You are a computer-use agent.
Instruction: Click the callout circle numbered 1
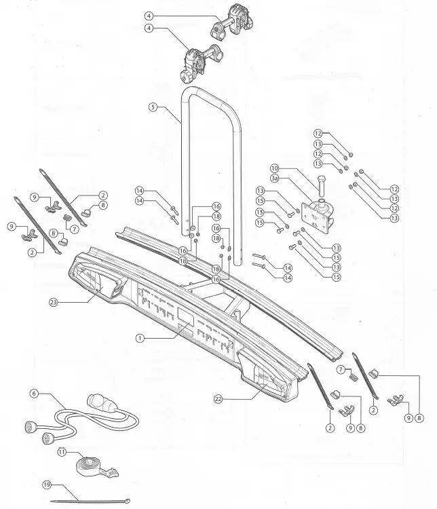140,337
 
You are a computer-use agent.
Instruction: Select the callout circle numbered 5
153,107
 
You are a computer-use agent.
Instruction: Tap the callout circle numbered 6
34,394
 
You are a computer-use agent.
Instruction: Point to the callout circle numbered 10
275,168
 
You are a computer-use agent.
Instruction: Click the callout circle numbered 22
219,398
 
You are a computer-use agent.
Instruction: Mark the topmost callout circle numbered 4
149,16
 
